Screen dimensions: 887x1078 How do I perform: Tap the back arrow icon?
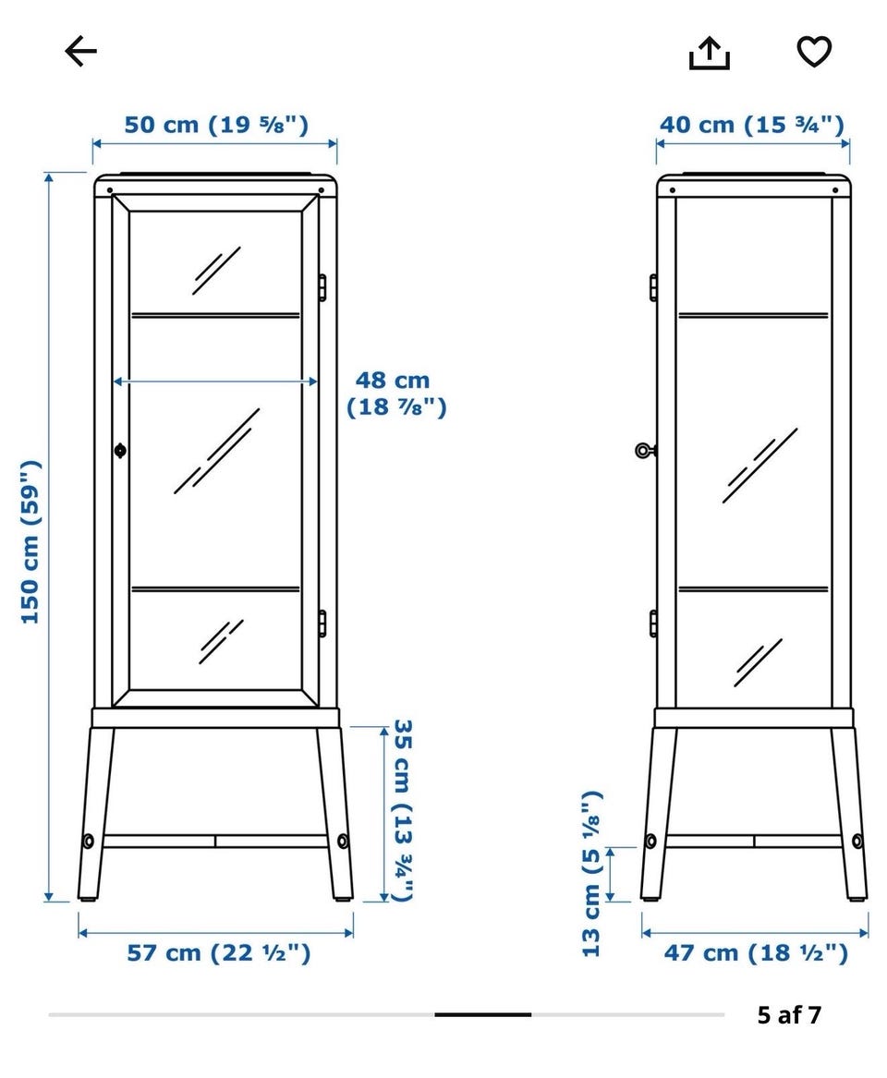tap(81, 52)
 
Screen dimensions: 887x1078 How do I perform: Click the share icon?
tap(709, 53)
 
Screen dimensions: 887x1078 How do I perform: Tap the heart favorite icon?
tap(814, 52)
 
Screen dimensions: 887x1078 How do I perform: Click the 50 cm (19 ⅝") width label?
tap(216, 125)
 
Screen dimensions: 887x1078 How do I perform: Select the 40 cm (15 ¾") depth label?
tap(751, 125)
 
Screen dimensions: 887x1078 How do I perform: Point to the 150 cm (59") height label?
tap(30, 542)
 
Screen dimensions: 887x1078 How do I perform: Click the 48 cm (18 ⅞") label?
tap(396, 394)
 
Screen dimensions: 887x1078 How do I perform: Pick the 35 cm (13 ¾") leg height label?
tap(402, 810)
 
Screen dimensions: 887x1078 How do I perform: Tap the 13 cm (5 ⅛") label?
tap(591, 873)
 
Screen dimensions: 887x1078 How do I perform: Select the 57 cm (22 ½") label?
tap(219, 953)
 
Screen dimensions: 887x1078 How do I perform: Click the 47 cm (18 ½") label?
tap(756, 953)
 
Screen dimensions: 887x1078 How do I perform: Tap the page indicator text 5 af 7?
tap(789, 1015)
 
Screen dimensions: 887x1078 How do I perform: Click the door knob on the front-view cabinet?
tap(119, 451)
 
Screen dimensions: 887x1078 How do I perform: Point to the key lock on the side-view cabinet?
tap(645, 451)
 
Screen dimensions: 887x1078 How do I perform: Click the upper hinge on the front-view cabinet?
tap(322, 287)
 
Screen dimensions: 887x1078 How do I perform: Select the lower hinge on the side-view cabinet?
tap(653, 624)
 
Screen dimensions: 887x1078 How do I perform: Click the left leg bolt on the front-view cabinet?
tap(88, 841)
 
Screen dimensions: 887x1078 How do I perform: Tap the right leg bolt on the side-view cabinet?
tap(857, 841)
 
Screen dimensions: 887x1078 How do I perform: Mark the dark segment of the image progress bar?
tap(482, 1015)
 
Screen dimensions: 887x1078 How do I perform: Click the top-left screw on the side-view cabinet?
tap(672, 190)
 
